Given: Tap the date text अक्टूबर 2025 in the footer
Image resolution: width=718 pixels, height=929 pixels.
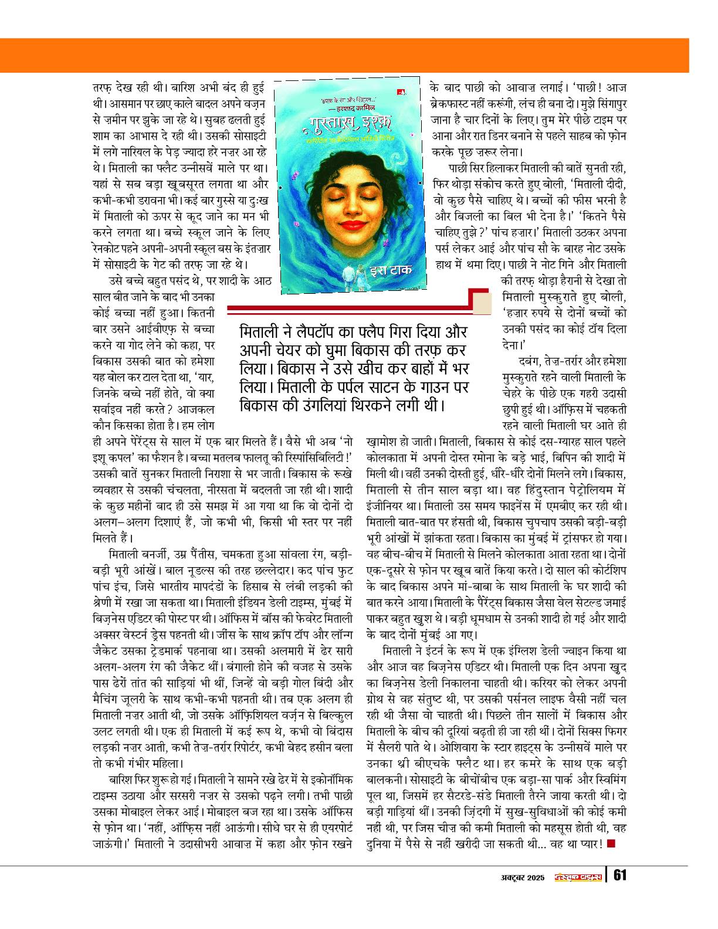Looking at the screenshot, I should pos(519,877).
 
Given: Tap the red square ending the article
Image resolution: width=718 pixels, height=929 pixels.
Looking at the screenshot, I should pos(611,843).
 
